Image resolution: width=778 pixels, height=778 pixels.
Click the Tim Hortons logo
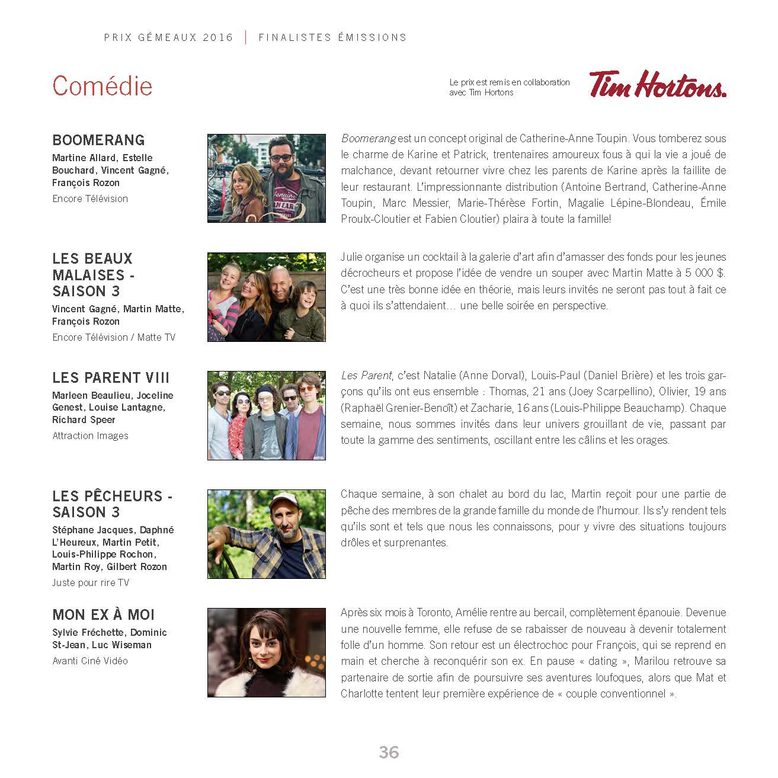pyautogui.click(x=657, y=84)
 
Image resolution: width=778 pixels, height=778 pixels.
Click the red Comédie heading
pyautogui.click(x=102, y=86)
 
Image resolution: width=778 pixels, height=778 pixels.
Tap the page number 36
pyautogui.click(x=389, y=752)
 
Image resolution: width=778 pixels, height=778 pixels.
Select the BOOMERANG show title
pyautogui.click(x=98, y=140)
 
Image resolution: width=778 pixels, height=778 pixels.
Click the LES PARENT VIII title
pyautogui.click(x=111, y=377)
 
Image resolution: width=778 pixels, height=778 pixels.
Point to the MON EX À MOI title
pyautogui.click(x=103, y=614)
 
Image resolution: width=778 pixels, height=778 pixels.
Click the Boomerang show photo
pyautogui.click(x=266, y=178)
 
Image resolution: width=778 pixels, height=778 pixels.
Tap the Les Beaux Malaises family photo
pyautogui.click(x=266, y=297)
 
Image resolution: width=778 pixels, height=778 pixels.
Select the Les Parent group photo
pyautogui.click(x=266, y=415)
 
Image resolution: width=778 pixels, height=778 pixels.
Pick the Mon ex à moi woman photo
pyautogui.click(x=266, y=652)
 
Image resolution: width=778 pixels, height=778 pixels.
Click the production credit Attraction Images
pyautogui.click(x=90, y=436)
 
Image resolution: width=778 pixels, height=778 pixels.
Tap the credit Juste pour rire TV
pyautogui.click(x=91, y=582)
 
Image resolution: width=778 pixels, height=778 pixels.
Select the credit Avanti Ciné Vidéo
pyautogui.click(x=90, y=661)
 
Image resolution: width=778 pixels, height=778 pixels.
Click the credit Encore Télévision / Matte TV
pyautogui.click(x=114, y=337)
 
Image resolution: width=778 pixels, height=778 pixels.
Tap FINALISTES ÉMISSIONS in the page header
pyautogui.click(x=332, y=37)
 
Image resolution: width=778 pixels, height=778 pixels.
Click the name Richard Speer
pyautogui.click(x=84, y=420)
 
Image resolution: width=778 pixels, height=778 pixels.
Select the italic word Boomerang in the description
pyautogui.click(x=368, y=139)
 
